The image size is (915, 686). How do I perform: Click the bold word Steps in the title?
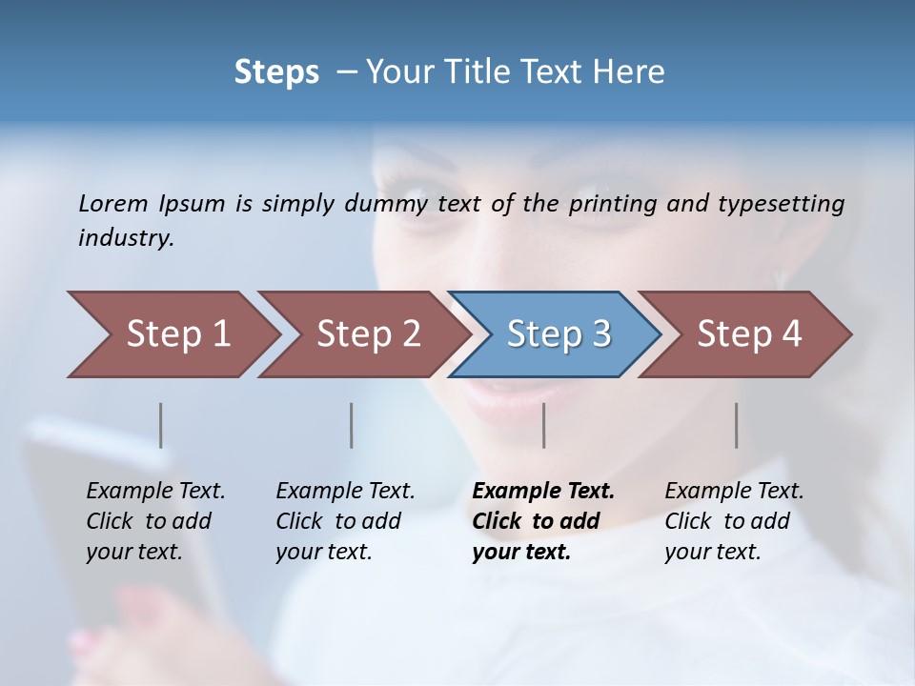tap(276, 71)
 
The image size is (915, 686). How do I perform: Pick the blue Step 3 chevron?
tap(559, 333)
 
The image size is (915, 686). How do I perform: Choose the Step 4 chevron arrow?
tap(749, 333)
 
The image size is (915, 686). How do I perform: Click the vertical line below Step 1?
tap(161, 425)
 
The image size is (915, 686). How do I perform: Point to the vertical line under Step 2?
tap(352, 425)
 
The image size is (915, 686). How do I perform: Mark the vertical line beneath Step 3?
tap(543, 425)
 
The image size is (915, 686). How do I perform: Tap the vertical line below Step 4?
tap(736, 425)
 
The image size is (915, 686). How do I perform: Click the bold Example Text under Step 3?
tap(543, 492)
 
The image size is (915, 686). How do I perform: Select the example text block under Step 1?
tap(155, 521)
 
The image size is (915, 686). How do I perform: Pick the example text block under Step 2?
tap(345, 521)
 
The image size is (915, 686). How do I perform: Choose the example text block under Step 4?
tap(734, 521)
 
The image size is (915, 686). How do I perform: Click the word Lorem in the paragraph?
tap(113, 203)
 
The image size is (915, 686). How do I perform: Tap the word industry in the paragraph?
tap(126, 237)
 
